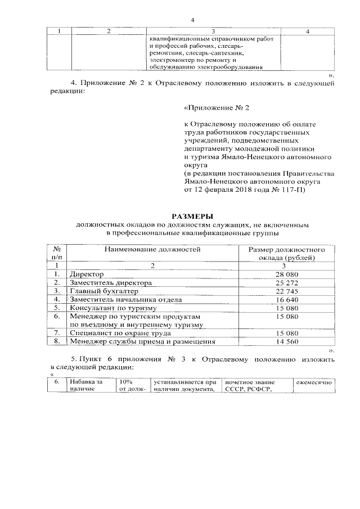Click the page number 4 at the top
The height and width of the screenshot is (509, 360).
192,21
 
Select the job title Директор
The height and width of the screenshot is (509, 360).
85,274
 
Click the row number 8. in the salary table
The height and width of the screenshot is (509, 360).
57,341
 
